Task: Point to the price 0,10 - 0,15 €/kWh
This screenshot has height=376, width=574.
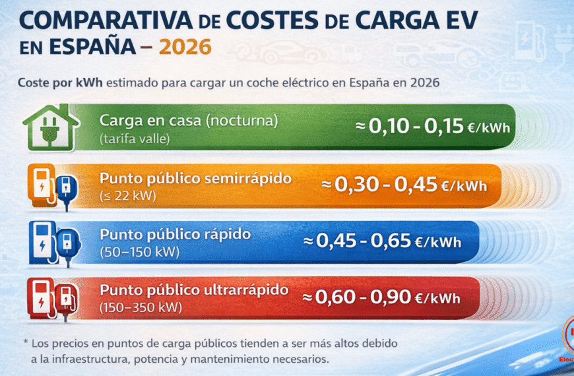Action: (433, 127)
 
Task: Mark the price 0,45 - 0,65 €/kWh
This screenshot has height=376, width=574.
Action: (389, 241)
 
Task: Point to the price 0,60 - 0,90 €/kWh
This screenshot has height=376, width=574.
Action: (381, 298)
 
